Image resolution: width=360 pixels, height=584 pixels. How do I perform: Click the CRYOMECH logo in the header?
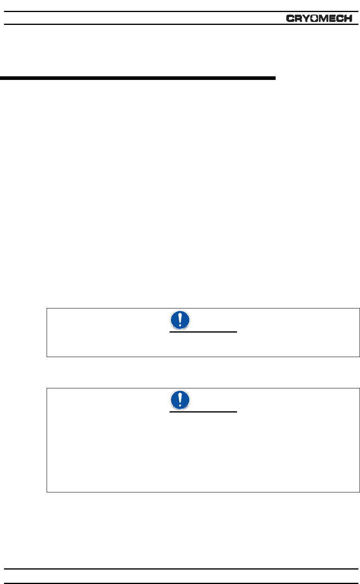[319, 18]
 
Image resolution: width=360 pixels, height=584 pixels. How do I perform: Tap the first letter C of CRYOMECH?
[290, 18]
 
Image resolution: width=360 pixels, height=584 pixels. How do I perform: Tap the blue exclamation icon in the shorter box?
[178, 320]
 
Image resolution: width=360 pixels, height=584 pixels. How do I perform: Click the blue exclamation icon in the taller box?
[178, 400]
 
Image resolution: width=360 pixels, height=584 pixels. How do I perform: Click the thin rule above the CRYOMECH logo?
[180, 12]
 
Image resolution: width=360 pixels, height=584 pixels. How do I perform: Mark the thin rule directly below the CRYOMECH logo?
[180, 25]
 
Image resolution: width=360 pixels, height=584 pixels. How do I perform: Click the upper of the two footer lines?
[180, 569]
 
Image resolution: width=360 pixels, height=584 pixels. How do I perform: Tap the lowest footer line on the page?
[180, 583]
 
